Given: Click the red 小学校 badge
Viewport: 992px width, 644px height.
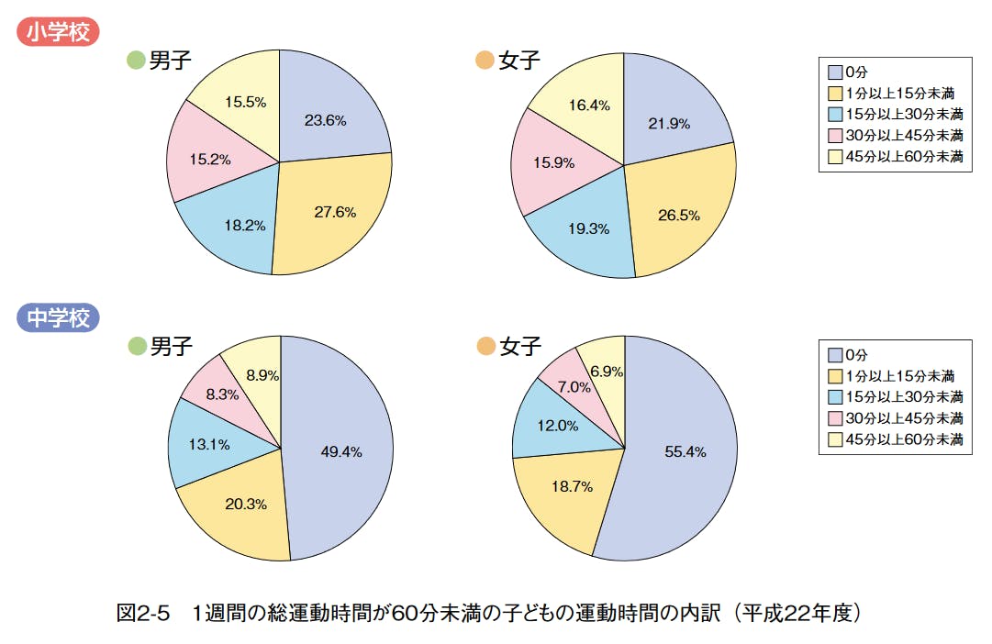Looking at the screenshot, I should point(58,32).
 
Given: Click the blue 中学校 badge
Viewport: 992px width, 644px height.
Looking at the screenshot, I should point(58,318).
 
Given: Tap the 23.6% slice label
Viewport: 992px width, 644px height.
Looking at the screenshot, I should point(325,120).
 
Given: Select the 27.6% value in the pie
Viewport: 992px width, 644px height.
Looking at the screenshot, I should point(335,211).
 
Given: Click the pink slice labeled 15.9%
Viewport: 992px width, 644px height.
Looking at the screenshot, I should point(553,163).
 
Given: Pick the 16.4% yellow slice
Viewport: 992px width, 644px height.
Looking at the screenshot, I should point(589,105).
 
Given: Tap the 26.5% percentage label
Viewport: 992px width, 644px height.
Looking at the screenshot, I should point(679,216).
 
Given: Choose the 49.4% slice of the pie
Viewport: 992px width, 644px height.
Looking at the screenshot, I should point(340,451).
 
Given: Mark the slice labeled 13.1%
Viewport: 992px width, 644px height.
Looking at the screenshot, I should point(209,444).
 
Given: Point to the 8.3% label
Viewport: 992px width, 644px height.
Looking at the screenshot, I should point(222,394).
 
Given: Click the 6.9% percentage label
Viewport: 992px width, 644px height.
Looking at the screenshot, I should point(607,372).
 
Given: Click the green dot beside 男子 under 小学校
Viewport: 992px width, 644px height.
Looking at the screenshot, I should point(136,61).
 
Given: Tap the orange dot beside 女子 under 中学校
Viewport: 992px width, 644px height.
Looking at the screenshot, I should point(484,347).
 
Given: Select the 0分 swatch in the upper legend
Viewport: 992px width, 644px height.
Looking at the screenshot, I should point(834,72).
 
